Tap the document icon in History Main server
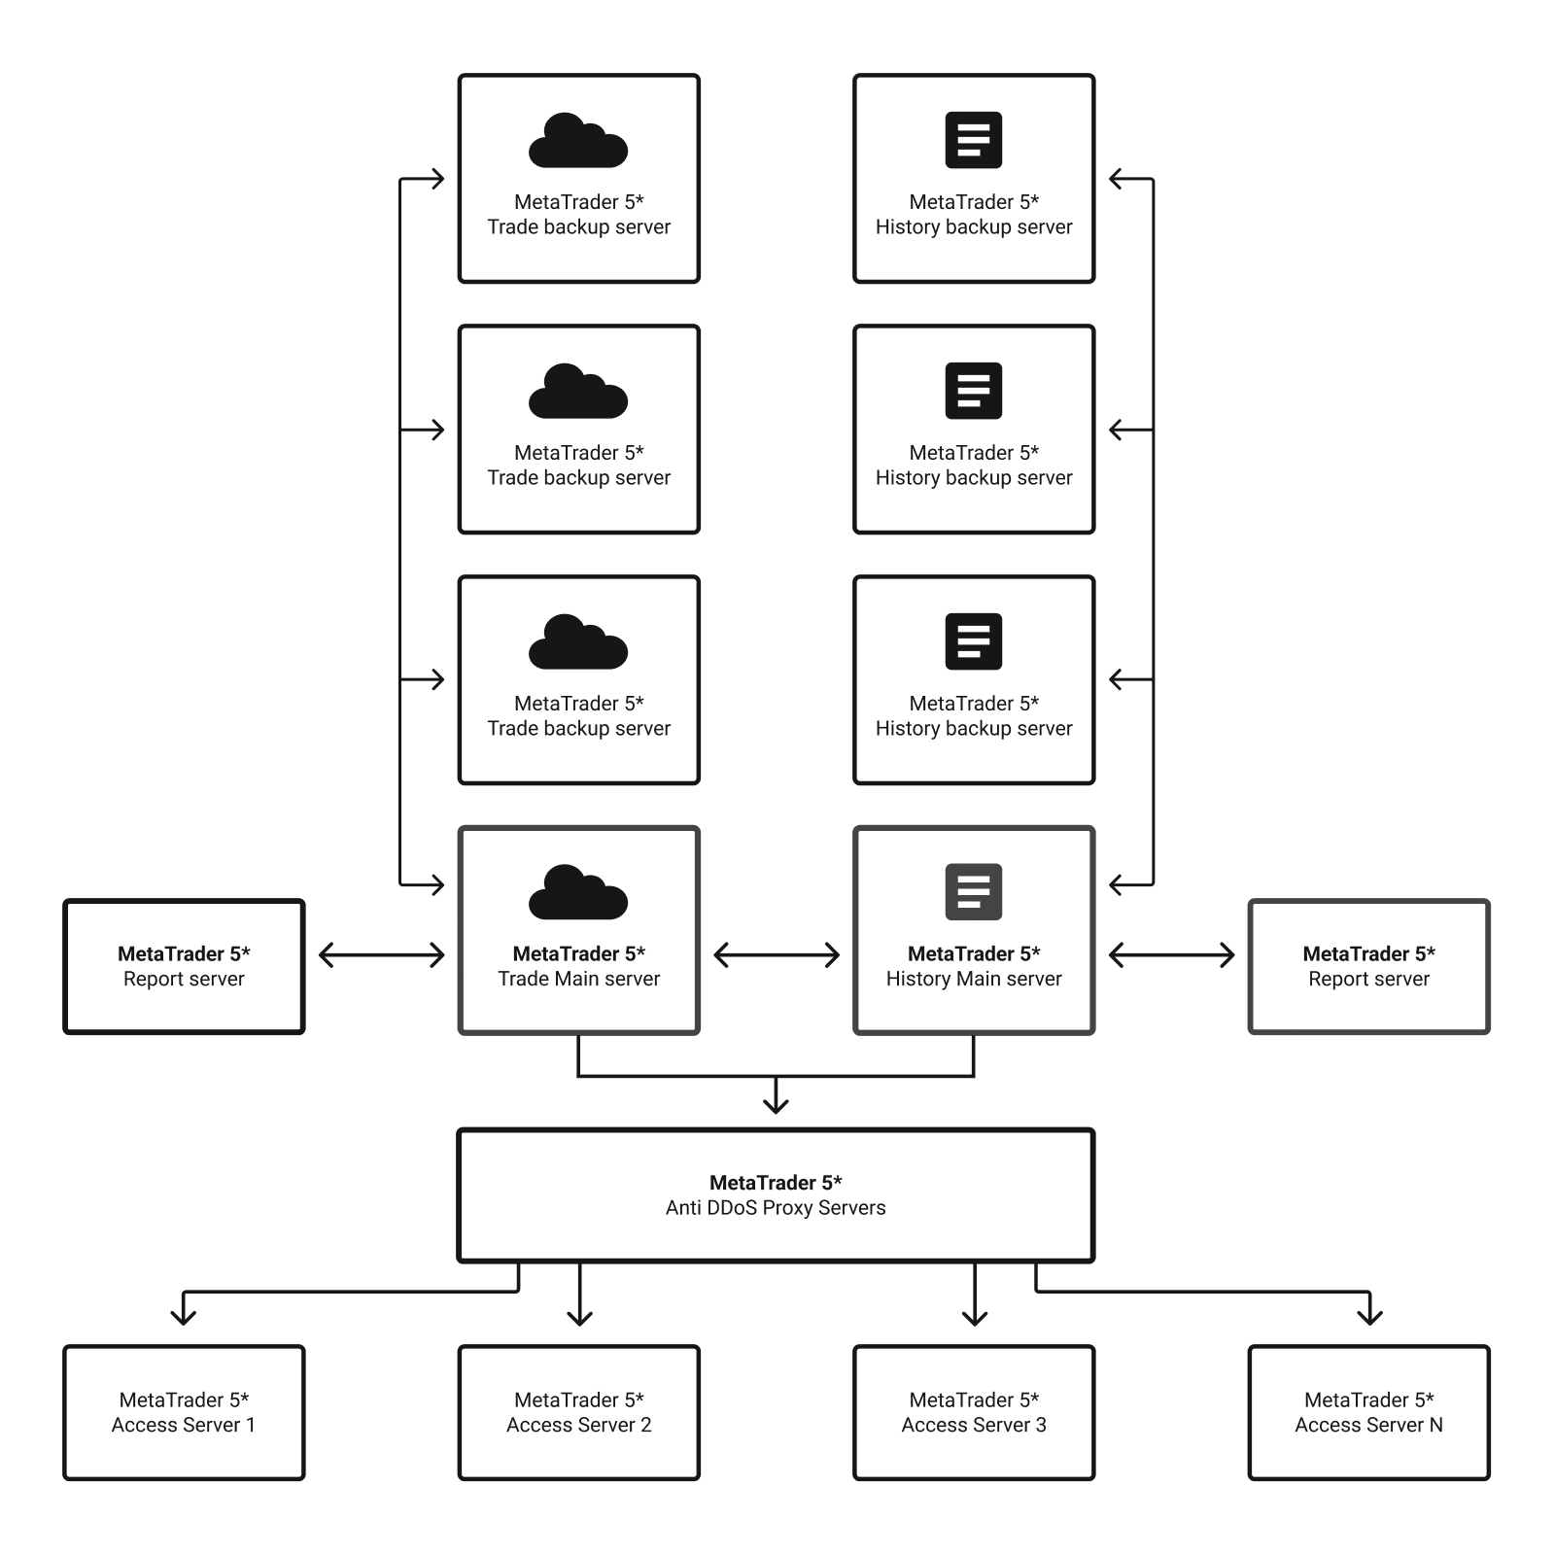[x=974, y=891]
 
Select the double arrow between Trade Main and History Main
[x=777, y=955]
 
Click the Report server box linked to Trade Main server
[x=184, y=966]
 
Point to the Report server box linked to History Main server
[x=1368, y=966]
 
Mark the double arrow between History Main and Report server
[x=1171, y=955]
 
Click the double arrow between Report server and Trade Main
[x=381, y=955]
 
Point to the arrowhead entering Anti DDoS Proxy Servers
[x=776, y=1103]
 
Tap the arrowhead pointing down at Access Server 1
[x=184, y=1315]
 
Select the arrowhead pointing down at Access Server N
[x=1369, y=1315]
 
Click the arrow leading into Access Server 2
[x=579, y=1297]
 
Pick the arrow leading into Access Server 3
[x=974, y=1297]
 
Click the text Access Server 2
[x=578, y=1425]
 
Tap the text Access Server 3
[x=974, y=1425]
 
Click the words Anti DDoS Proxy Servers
[x=776, y=1208]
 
